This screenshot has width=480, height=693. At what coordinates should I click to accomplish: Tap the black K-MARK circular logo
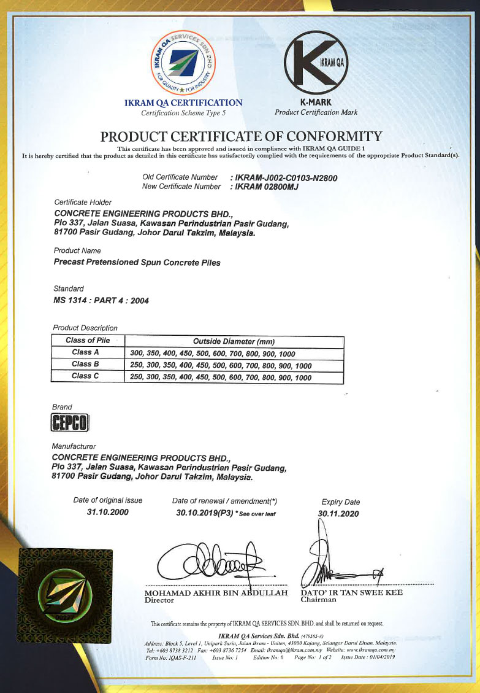tap(316, 63)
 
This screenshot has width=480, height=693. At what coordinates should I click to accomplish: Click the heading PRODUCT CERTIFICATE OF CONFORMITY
tap(241, 136)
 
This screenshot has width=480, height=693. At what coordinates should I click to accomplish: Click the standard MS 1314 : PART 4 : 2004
tap(101, 301)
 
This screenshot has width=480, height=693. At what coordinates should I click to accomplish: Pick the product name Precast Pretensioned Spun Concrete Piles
tap(137, 263)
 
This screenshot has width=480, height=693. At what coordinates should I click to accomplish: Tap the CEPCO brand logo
tap(70, 422)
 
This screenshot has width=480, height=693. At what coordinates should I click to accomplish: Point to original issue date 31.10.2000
tap(108, 513)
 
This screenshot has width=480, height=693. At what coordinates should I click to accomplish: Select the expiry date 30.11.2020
tap(338, 514)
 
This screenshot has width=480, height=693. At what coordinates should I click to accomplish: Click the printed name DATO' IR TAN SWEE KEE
tap(351, 593)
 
